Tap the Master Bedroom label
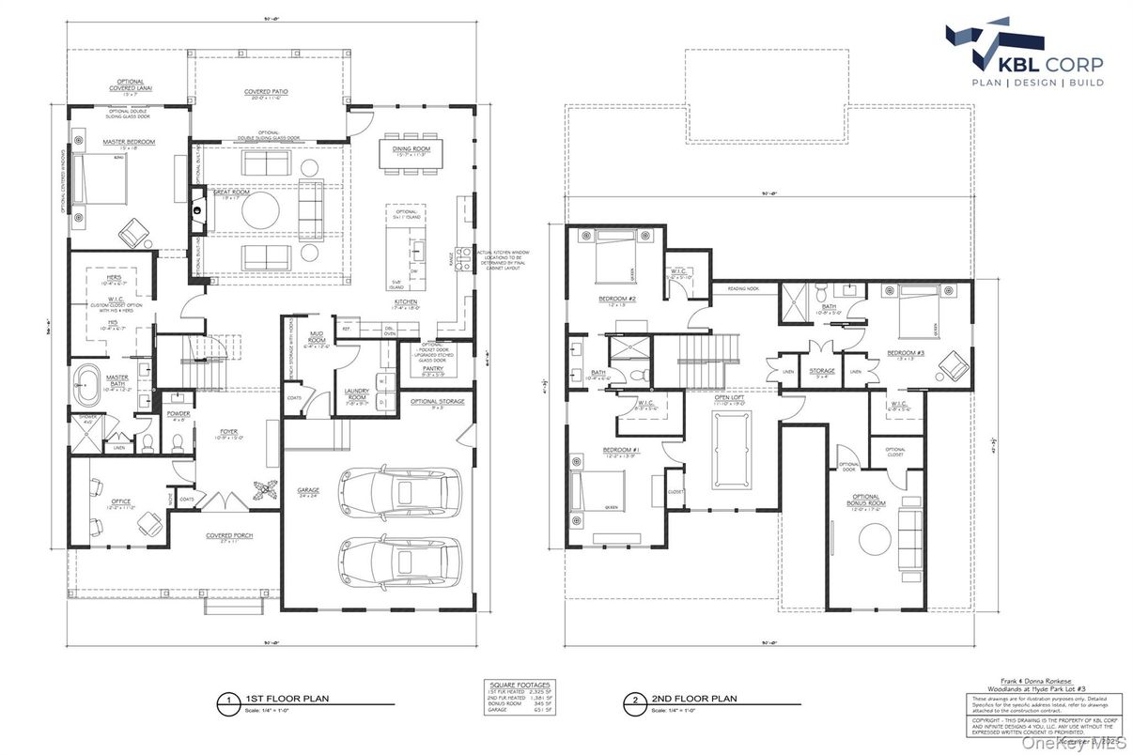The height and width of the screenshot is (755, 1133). [x=129, y=142]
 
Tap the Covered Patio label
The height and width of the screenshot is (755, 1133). [x=266, y=92]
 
